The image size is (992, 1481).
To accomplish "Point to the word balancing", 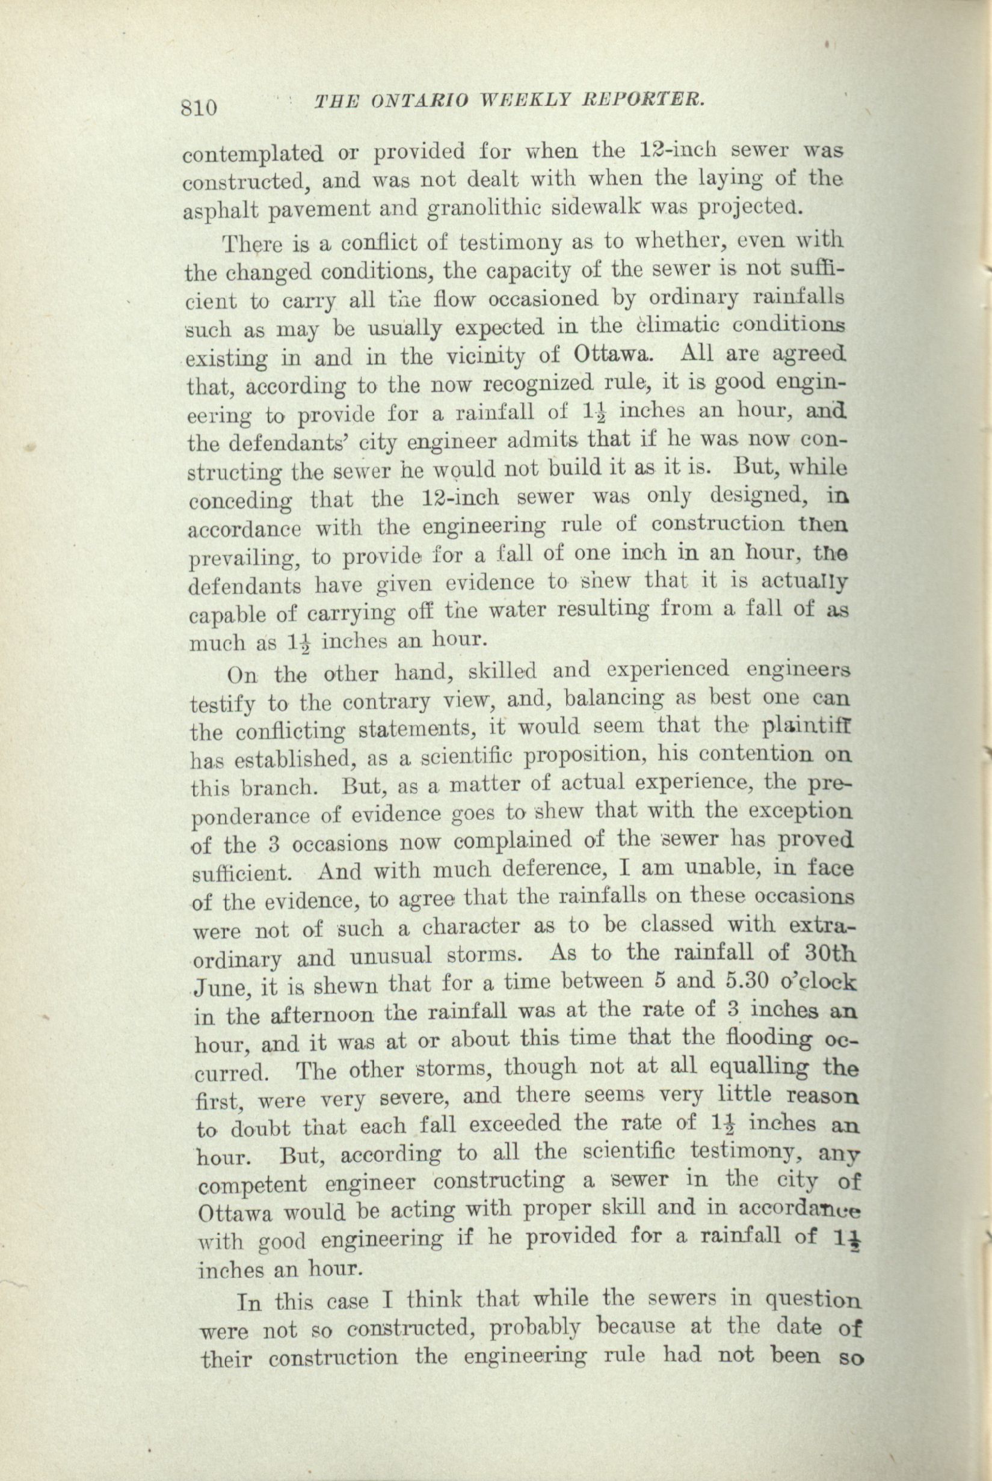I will click(x=613, y=700).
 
